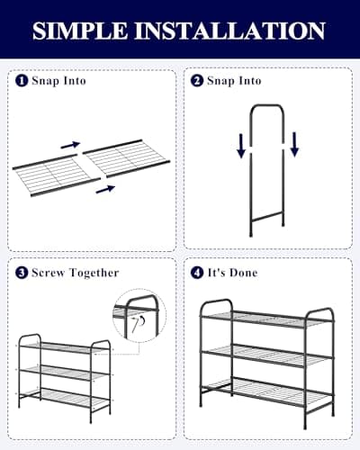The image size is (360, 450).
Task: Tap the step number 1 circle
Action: [22, 81]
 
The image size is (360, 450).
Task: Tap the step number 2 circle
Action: [197, 81]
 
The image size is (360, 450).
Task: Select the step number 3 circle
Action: [22, 272]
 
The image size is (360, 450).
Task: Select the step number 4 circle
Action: [197, 272]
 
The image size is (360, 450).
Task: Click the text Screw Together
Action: [75, 272]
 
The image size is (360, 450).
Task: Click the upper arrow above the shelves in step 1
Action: [70, 144]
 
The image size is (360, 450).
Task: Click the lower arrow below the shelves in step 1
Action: [106, 188]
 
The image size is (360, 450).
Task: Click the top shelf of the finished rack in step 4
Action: [266, 317]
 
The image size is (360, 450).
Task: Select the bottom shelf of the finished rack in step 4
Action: [266, 391]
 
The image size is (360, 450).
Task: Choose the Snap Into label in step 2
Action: [234, 81]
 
